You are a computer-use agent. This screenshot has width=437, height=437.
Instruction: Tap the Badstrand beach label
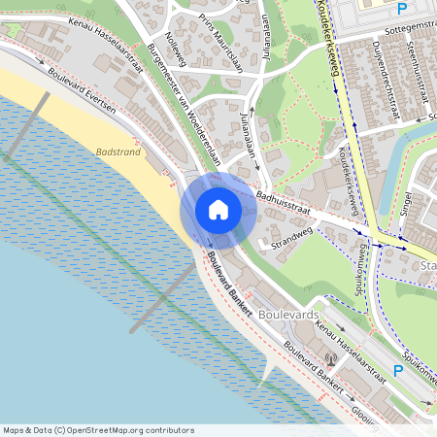[x=119, y=151]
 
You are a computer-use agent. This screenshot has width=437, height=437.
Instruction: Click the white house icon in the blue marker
[x=218, y=210]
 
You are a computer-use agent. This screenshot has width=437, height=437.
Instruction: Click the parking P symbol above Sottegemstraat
[x=401, y=9]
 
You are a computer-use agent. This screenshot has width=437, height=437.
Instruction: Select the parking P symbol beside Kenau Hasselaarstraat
[x=396, y=370]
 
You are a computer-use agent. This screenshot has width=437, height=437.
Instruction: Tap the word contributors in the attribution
[x=170, y=430]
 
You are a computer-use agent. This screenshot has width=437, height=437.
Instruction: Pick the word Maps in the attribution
[x=14, y=430]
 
